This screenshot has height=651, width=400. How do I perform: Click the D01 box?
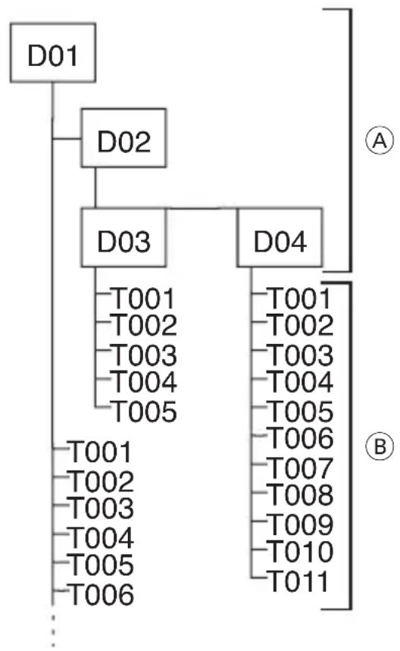[53, 53]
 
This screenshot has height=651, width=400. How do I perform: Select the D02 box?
[123, 138]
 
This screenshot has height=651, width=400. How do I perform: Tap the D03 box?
[123, 237]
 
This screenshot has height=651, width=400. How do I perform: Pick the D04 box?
[280, 237]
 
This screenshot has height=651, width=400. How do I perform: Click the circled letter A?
[380, 141]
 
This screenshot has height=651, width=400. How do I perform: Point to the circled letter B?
[380, 446]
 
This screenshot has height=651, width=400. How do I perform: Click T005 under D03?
[144, 412]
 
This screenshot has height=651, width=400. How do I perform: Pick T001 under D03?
[143, 299]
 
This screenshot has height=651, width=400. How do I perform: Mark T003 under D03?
[144, 355]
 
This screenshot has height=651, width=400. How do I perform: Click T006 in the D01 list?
[101, 594]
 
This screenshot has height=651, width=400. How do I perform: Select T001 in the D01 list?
[100, 452]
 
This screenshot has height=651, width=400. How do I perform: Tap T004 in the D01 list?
[101, 537]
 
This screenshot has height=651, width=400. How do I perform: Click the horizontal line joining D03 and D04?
[202, 208]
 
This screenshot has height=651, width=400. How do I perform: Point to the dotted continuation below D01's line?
[53, 630]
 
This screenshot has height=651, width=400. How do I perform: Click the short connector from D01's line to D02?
[67, 138]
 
